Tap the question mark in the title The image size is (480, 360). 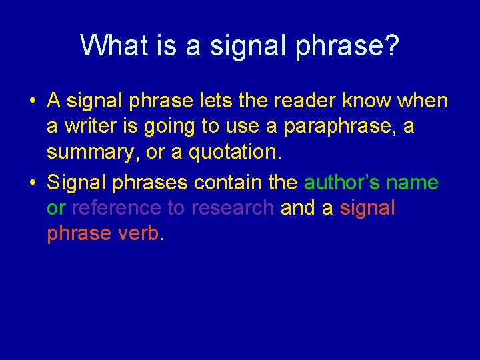click(391, 45)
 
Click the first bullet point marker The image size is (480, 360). click(32, 101)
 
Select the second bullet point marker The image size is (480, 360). click(32, 182)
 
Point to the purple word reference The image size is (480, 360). click(116, 208)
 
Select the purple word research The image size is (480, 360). click(232, 208)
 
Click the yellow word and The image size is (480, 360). click(297, 208)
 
